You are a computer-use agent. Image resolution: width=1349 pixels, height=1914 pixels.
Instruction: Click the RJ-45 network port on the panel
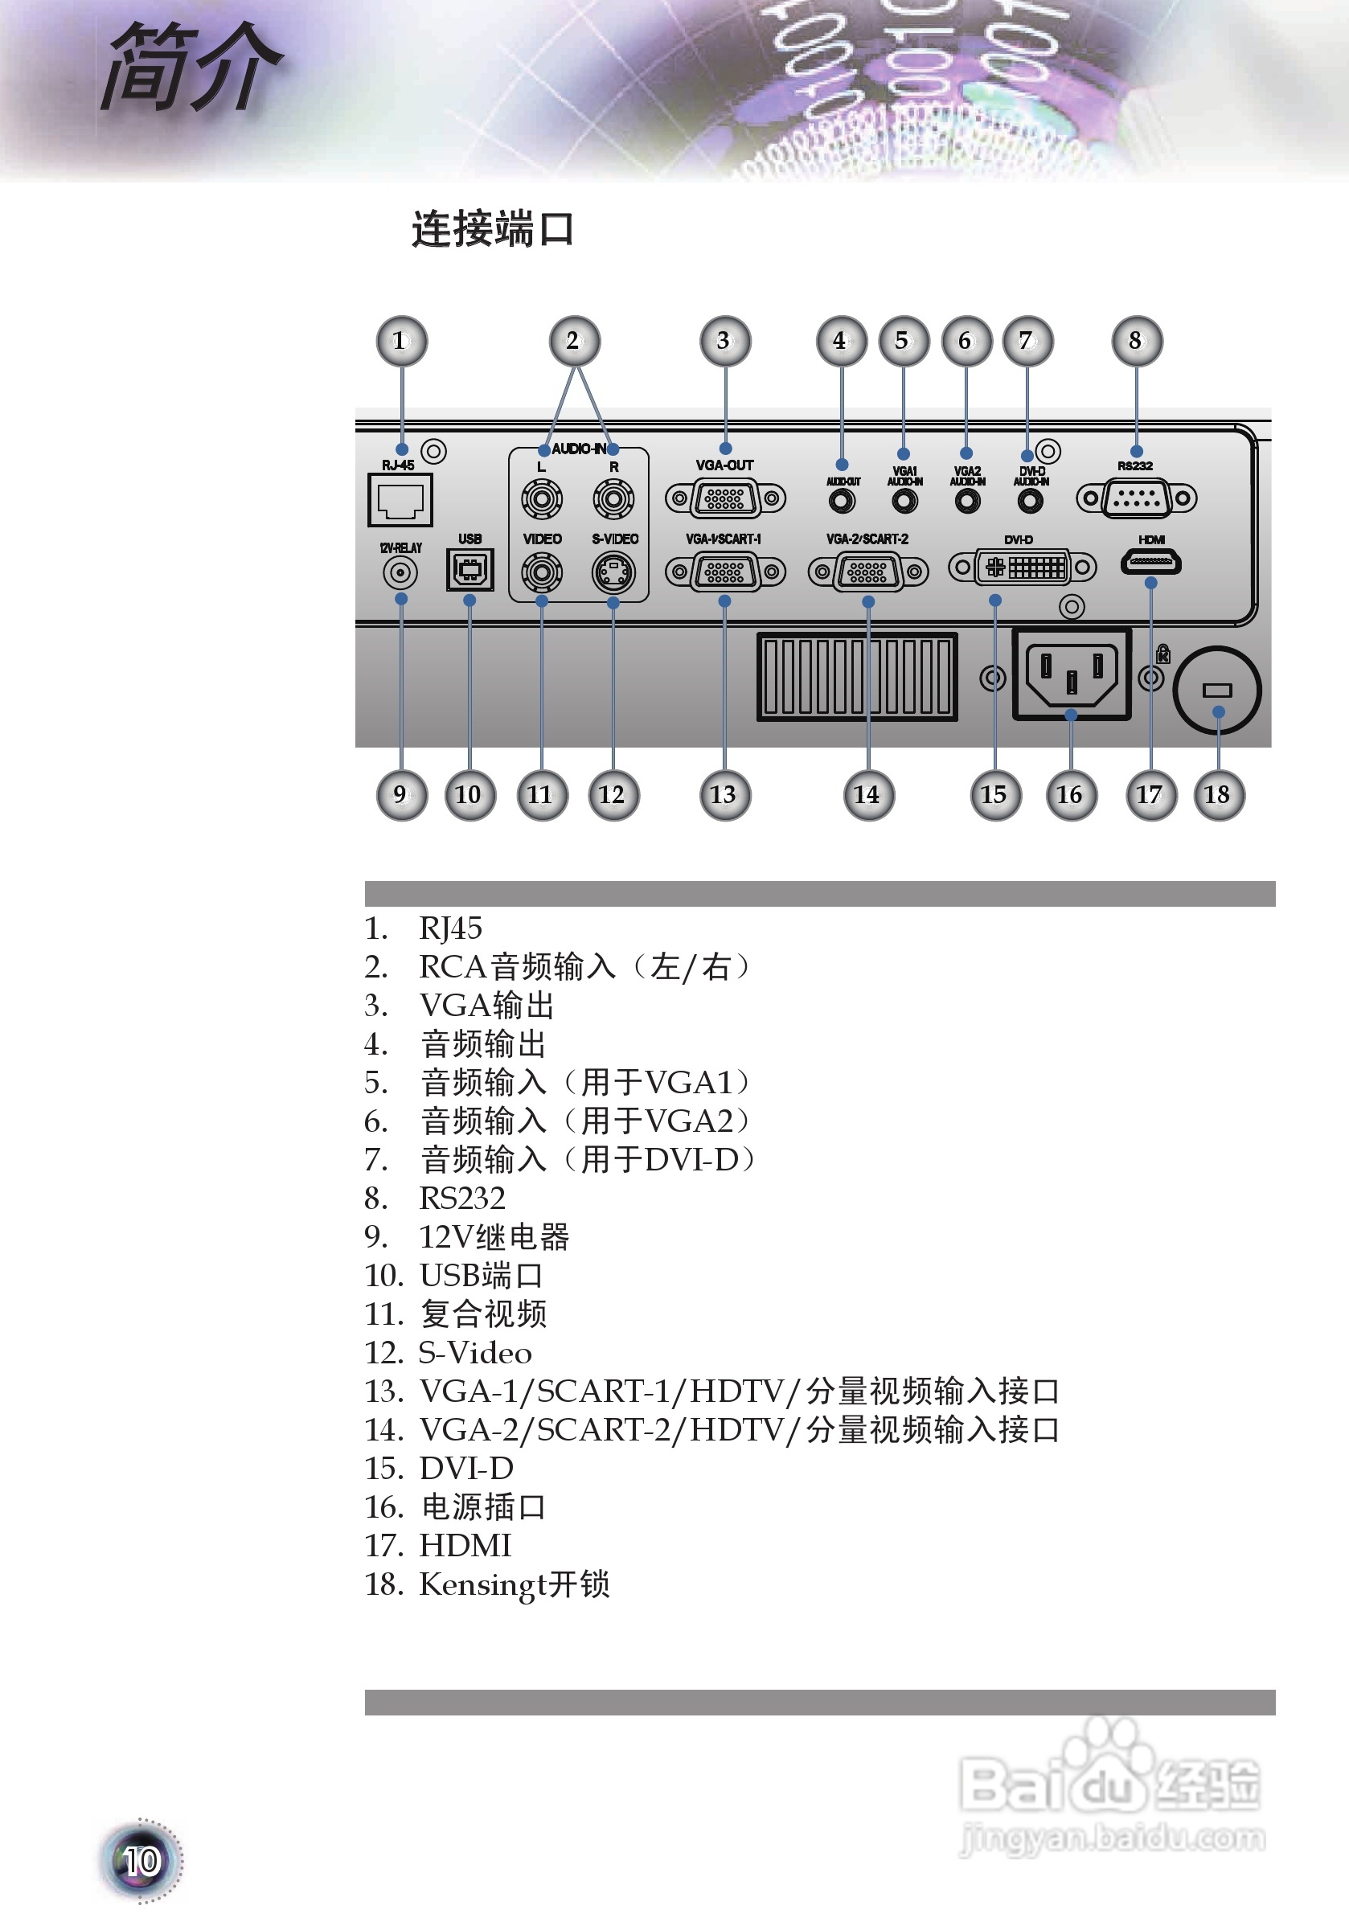(400, 499)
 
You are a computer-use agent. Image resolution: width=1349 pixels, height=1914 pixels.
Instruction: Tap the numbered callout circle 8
(1137, 341)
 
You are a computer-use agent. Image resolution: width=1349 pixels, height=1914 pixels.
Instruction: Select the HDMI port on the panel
(1150, 562)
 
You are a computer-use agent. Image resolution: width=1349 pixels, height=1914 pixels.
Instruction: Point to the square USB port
(470, 570)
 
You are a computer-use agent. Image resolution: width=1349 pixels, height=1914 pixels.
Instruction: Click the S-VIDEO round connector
(613, 572)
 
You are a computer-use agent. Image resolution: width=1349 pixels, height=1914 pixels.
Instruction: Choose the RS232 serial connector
(1137, 498)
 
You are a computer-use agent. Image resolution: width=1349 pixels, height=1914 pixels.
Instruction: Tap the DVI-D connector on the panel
(1022, 568)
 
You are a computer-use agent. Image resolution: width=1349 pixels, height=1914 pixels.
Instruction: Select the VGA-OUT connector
(725, 498)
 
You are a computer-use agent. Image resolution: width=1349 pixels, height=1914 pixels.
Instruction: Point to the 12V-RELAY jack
(400, 572)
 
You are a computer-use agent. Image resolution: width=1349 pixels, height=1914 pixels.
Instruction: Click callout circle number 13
(724, 795)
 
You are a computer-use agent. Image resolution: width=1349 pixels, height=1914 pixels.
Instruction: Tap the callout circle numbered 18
(1218, 795)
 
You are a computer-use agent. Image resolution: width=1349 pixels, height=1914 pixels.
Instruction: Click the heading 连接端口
(492, 229)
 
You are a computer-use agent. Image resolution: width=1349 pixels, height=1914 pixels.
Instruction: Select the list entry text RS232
(462, 1199)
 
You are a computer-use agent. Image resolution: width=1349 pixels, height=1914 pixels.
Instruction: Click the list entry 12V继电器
(494, 1237)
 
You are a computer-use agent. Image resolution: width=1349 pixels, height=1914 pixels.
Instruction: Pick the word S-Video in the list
(474, 1353)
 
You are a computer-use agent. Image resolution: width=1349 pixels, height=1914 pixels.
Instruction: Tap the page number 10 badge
(141, 1861)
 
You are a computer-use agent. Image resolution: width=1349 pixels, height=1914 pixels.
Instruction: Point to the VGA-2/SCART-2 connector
(868, 572)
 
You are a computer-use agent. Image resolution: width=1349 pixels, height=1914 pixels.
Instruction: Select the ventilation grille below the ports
(857, 676)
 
